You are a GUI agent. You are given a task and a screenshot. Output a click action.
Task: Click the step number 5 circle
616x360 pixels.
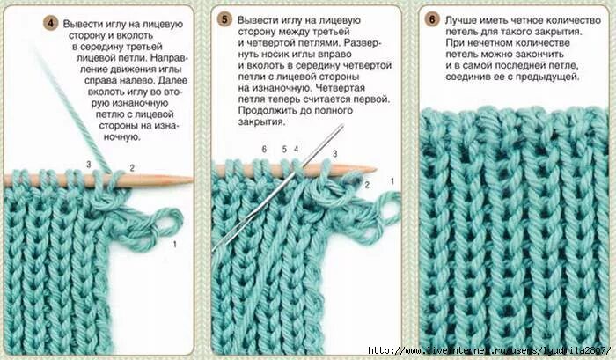225,18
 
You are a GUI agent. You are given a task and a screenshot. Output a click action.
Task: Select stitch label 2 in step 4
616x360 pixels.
131,167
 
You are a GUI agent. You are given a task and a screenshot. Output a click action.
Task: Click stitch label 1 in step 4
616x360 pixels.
175,241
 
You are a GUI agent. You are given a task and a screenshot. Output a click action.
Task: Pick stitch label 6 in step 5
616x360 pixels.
263,150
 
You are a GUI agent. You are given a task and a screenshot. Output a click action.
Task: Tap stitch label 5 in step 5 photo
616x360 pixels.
284,150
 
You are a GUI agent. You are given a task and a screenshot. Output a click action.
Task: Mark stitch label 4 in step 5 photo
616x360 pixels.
297,150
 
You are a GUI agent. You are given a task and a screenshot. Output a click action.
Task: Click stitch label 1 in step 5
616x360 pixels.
392,180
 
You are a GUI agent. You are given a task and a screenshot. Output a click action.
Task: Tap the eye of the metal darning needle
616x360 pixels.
338,132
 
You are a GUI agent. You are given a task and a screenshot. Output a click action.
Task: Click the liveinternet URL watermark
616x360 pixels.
488,350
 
